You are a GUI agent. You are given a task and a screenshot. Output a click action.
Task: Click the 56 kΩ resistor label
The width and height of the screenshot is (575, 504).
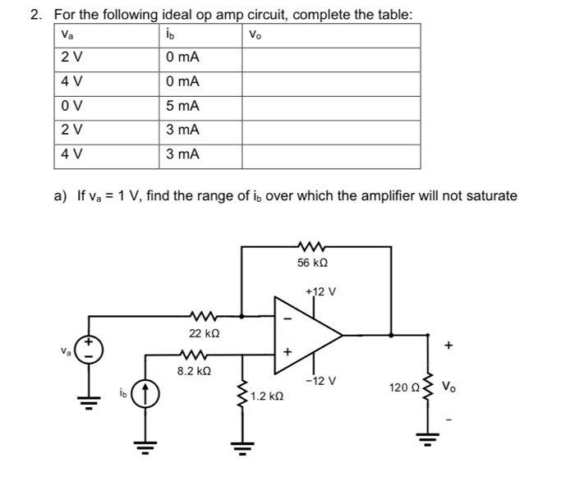coord(313,263)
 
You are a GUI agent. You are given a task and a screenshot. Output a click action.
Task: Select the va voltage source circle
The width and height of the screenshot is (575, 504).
coord(90,351)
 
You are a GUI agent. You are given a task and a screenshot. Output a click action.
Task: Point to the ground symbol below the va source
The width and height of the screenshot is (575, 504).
coord(90,404)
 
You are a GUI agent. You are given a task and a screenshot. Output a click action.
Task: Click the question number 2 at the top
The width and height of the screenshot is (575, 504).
coord(46,14)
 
